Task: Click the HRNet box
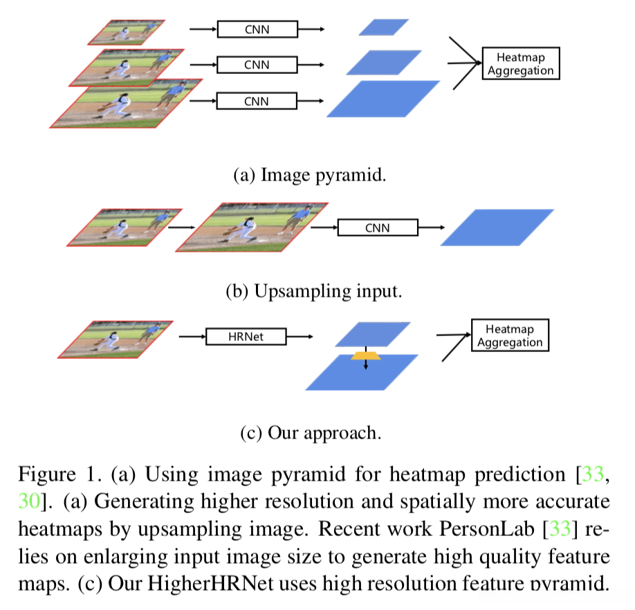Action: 246,336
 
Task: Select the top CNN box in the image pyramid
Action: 257,29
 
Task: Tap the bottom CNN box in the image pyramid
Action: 257,101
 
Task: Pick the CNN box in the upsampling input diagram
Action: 378,228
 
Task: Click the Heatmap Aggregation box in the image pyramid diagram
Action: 521,63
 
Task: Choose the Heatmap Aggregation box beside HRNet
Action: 510,335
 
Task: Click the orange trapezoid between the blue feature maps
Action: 366,355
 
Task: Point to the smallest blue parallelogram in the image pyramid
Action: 383,27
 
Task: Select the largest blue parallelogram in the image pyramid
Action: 383,99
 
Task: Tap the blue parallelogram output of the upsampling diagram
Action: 497,228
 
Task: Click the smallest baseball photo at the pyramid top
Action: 127,33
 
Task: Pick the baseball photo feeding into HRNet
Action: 116,340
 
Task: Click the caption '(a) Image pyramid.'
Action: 310,175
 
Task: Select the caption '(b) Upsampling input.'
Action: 314,291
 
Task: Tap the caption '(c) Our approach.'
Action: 311,433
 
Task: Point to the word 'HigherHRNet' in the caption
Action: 210,584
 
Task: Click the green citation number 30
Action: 29,501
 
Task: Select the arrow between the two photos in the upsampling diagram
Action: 182,228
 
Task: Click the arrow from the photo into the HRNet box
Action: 193,336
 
